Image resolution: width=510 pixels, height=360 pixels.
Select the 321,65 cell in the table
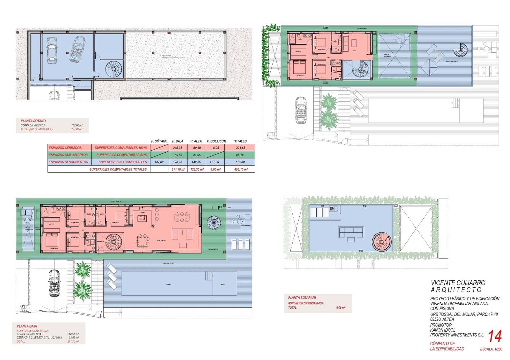pyautogui.click(x=240, y=148)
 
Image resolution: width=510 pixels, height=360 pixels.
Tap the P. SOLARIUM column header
pyautogui.click(x=216, y=141)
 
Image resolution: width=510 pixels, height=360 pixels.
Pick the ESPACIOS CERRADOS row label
pyautogui.click(x=65, y=148)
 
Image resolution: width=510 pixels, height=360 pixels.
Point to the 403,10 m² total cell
pyautogui.click(x=240, y=169)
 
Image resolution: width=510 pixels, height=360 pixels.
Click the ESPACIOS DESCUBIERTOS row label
pyautogui.click(x=69, y=162)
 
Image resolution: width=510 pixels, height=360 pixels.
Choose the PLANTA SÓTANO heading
pyautogui.click(x=33, y=121)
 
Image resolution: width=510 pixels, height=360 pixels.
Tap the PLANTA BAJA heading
pyautogui.click(x=27, y=326)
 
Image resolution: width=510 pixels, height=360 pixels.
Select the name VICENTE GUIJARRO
pyautogui.click(x=458, y=283)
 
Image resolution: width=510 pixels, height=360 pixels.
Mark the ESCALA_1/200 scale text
pyautogui.click(x=491, y=349)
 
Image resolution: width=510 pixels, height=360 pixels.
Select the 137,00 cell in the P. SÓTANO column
pyautogui.click(x=159, y=162)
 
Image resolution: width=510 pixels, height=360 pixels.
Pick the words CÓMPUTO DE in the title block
pyautogui.click(x=442, y=343)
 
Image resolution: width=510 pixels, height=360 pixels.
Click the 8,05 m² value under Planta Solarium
pyautogui.click(x=340, y=308)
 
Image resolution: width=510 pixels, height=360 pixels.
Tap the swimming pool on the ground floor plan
pyautogui.click(x=179, y=283)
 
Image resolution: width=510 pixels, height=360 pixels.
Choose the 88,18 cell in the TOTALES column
pyautogui.click(x=240, y=155)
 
